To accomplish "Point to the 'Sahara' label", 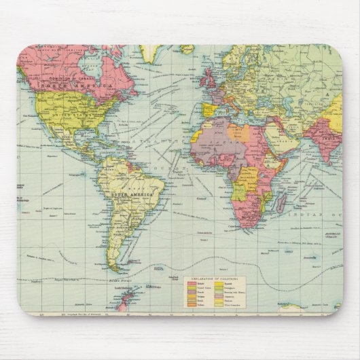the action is [217, 135].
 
